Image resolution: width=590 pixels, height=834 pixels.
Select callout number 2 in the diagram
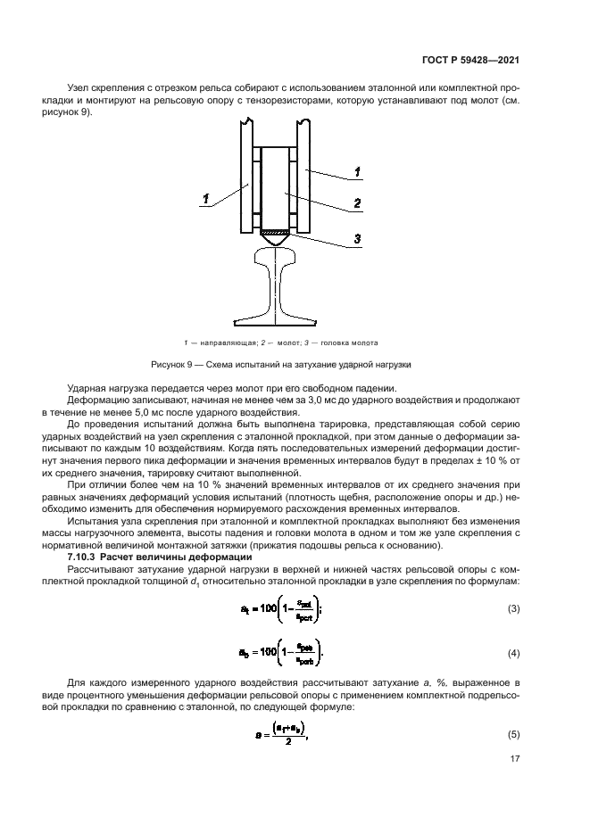pyautogui.click(x=356, y=203)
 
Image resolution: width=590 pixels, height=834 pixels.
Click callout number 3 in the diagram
pyautogui.click(x=356, y=239)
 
